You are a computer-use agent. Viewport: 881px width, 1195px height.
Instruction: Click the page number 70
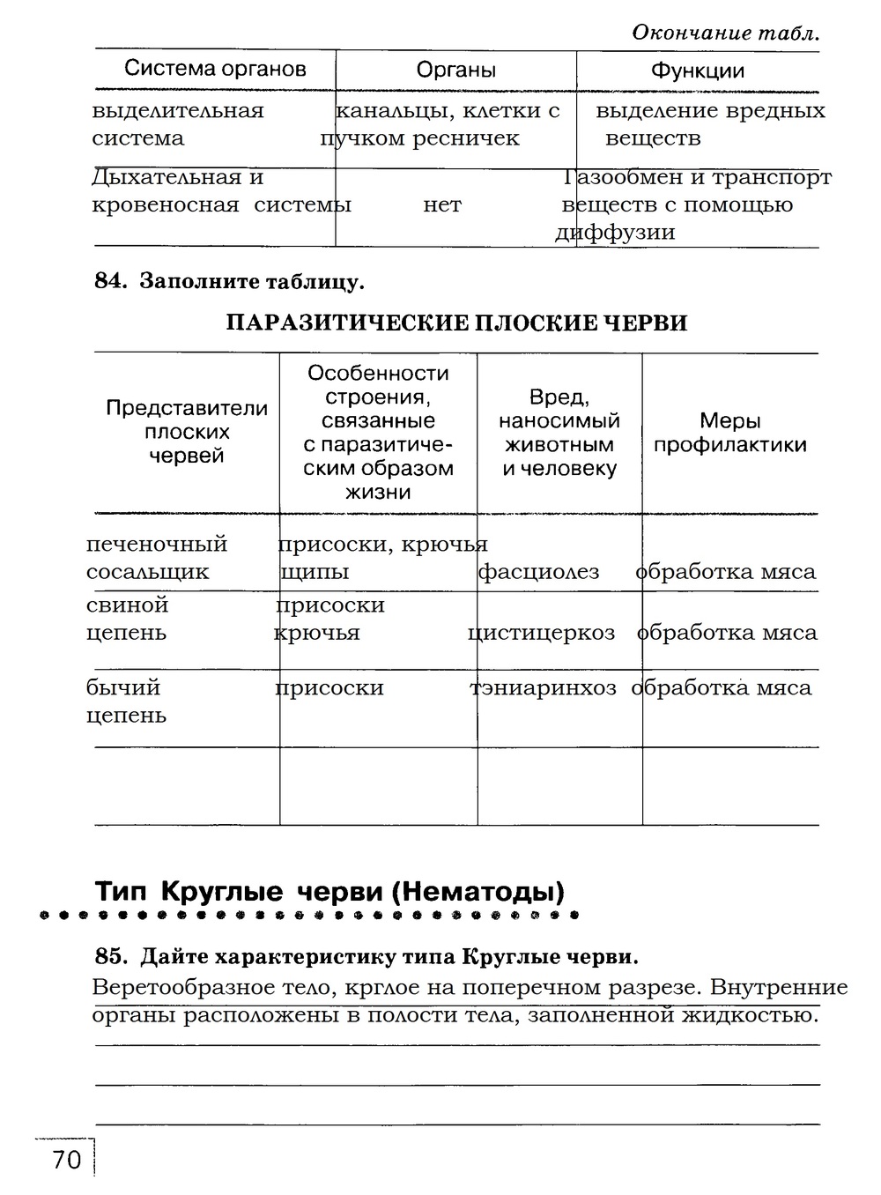point(66,1160)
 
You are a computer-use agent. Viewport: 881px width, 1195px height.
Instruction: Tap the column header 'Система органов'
point(215,69)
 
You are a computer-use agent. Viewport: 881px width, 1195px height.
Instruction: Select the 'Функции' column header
point(697,71)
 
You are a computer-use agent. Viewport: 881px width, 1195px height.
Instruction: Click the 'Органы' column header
point(455,71)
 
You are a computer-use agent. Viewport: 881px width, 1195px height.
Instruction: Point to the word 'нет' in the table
point(442,205)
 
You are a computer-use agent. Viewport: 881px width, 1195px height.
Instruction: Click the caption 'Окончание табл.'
point(725,33)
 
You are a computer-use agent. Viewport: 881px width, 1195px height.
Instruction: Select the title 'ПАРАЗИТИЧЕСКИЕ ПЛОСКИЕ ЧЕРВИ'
point(456,323)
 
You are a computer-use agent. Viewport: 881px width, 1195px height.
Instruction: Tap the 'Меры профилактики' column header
point(729,433)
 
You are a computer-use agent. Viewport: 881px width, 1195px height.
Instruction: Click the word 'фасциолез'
point(538,572)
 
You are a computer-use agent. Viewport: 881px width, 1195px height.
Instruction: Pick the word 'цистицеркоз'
point(541,633)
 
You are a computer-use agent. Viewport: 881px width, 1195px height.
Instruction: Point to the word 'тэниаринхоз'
point(544,687)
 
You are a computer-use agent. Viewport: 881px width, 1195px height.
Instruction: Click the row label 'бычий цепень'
point(126,701)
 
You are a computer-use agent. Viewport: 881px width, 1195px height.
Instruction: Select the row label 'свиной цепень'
point(128,619)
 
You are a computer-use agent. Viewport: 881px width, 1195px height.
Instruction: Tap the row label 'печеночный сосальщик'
point(156,558)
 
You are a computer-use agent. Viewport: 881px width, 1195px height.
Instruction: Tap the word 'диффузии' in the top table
point(615,233)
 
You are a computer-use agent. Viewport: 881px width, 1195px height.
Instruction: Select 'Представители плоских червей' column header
point(186,432)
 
